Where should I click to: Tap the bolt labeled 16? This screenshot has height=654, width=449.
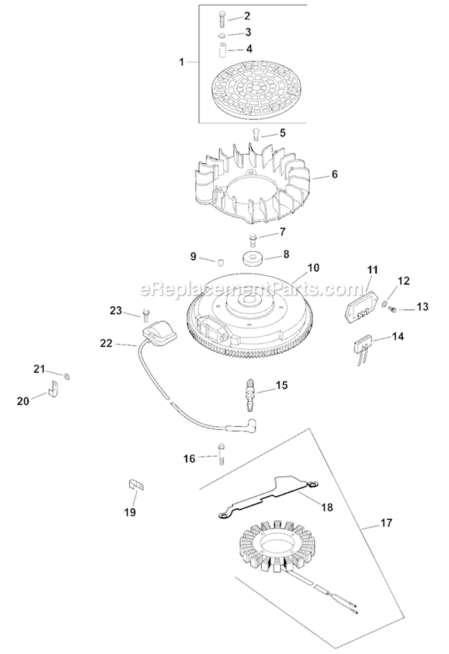pos(222,451)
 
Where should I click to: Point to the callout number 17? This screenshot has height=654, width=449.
pos(386,523)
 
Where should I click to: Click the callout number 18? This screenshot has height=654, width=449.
pos(326,507)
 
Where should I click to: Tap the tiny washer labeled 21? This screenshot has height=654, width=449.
pos(68,375)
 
